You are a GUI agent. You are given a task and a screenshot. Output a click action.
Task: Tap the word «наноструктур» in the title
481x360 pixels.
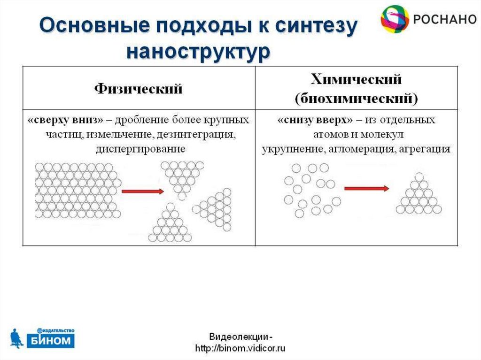point(198,50)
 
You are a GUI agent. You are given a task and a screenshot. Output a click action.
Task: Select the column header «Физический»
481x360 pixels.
point(139,88)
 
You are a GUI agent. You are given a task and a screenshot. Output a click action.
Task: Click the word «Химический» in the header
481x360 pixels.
point(357,79)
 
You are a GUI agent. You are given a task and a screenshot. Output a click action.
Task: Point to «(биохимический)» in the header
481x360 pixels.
point(357,99)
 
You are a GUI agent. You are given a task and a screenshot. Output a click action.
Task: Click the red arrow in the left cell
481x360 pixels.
point(142,191)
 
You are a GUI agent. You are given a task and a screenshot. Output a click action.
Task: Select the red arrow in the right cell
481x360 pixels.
point(366,189)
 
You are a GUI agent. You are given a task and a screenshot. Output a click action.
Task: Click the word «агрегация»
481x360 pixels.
point(425,149)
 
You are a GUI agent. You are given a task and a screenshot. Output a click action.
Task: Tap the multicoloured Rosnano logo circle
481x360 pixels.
point(395,19)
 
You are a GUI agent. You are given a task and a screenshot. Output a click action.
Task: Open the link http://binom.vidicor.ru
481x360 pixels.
point(240,348)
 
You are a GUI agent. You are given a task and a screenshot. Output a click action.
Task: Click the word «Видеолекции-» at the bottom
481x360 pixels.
point(240,337)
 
